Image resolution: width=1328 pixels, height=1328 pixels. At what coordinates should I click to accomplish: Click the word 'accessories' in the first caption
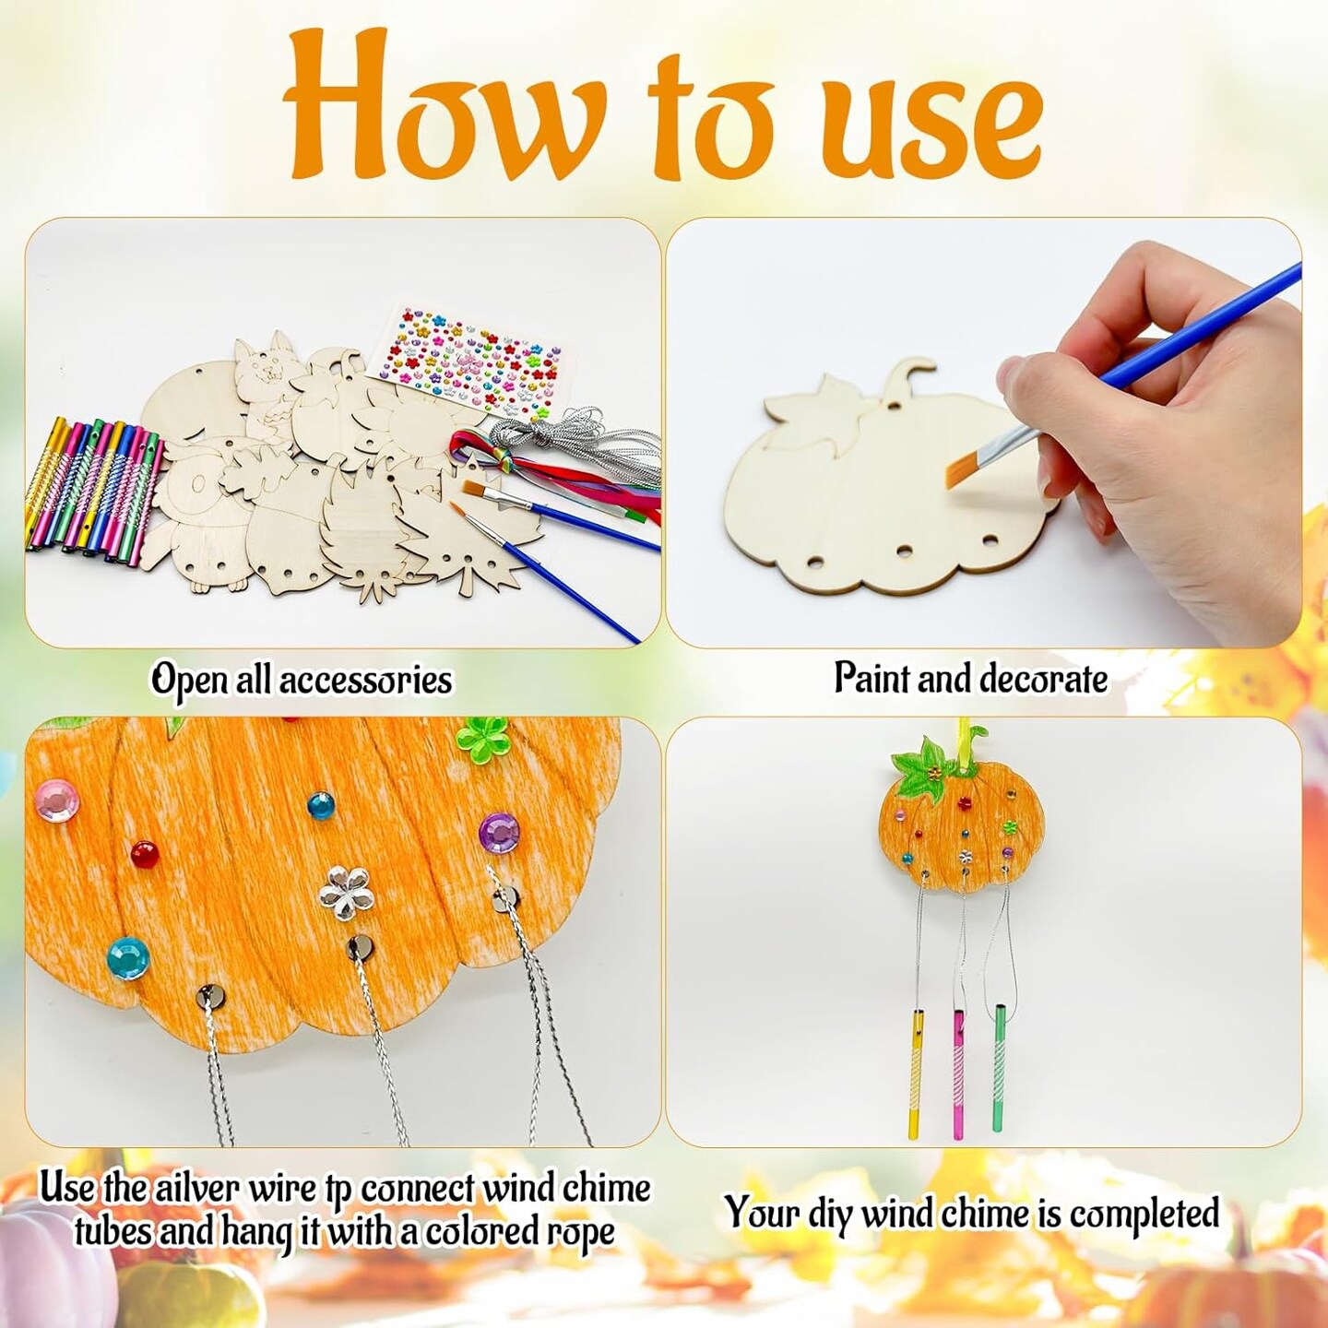coord(365,681)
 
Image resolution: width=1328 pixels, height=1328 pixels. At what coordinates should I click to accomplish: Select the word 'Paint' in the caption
coord(871,678)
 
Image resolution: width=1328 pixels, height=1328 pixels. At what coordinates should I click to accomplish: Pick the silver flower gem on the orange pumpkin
coord(342,888)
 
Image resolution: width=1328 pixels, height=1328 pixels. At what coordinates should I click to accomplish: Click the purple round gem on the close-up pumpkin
coord(499,832)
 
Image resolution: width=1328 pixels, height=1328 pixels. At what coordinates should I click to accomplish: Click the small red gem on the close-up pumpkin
coord(144,849)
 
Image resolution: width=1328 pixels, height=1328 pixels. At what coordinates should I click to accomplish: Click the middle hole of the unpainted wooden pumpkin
coord(905,551)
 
